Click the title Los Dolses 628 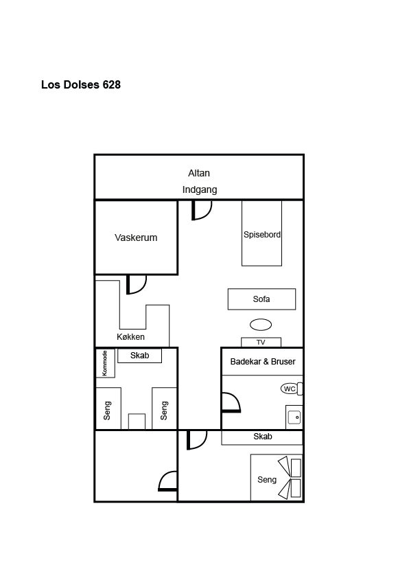[x=81, y=85]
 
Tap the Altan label [x=199, y=173]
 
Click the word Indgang [x=199, y=190]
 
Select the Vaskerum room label [x=136, y=238]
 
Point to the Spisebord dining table [x=261, y=233]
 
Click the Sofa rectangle [x=261, y=299]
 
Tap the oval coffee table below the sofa [x=261, y=325]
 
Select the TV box [x=261, y=342]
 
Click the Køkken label [x=130, y=337]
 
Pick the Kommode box [x=106, y=363]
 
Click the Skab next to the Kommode [x=139, y=356]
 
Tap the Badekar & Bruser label [x=263, y=362]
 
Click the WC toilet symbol [x=292, y=389]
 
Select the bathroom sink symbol [x=294, y=417]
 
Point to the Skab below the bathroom [x=262, y=437]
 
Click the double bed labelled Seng [x=277, y=478]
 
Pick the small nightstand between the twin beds [x=137, y=421]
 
